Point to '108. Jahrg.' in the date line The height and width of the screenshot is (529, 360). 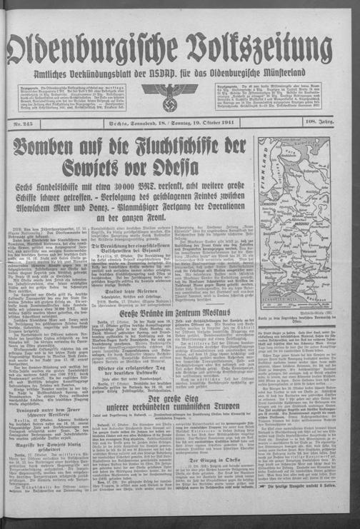(x=336, y=123)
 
